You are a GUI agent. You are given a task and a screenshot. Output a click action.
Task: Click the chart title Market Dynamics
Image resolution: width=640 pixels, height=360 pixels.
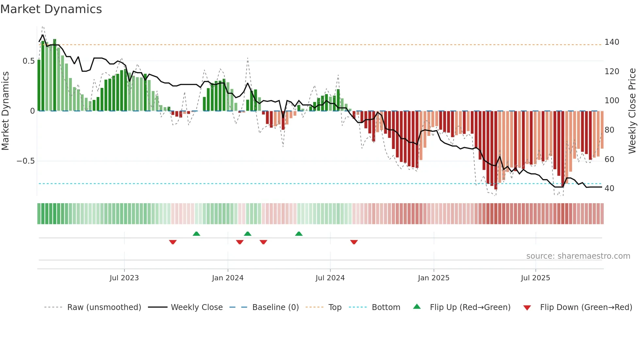tap(51, 9)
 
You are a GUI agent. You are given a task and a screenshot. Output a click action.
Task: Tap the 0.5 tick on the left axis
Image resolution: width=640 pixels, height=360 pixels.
tap(28, 61)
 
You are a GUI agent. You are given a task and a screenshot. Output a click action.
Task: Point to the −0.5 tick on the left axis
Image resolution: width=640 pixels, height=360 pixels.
tap(26, 161)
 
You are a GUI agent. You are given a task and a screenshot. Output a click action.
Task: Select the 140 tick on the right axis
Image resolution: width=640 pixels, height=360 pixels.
tap(612, 42)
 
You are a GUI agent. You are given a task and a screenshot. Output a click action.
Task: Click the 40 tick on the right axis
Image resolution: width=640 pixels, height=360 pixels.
tap(609, 188)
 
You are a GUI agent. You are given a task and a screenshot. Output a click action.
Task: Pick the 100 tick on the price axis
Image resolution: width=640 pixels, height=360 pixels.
tap(612, 101)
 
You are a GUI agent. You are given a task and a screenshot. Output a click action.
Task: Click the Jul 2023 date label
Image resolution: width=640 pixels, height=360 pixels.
tap(124, 278)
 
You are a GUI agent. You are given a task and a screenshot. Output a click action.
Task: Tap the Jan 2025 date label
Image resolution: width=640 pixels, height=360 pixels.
tap(434, 278)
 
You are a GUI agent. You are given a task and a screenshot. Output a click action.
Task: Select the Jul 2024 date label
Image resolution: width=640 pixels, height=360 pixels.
tap(330, 278)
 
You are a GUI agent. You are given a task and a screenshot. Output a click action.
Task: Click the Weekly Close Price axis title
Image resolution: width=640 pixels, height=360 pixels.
tap(632, 111)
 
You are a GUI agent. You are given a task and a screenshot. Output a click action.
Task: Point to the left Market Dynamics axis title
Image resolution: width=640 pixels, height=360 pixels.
tap(5, 111)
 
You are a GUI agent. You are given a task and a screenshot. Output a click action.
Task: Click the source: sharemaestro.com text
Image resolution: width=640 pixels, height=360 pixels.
tap(578, 256)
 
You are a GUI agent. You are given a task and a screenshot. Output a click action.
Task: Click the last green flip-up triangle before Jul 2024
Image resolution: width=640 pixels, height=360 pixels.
tap(299, 234)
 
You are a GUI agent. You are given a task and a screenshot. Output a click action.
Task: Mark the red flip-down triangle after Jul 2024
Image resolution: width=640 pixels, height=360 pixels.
tap(354, 242)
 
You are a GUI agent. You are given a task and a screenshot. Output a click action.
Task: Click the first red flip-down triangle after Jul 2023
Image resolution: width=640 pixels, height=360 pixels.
tap(173, 242)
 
